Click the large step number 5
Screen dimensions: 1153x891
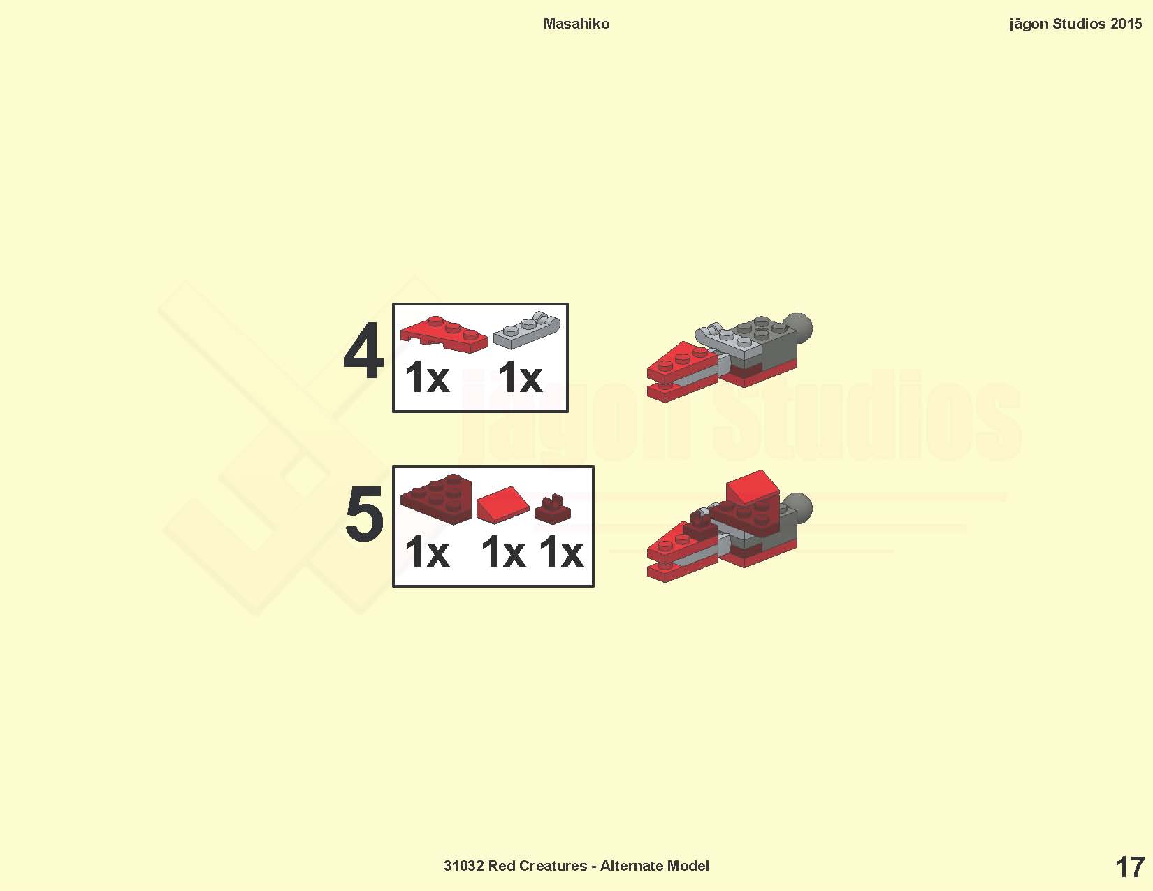point(365,514)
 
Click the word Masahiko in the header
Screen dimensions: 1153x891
point(576,24)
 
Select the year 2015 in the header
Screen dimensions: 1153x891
point(1126,24)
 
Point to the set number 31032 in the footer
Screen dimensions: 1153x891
point(464,866)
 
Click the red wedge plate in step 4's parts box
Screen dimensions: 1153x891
point(444,334)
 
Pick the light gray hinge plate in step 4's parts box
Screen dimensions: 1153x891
point(526,330)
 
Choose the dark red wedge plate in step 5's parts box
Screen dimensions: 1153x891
point(436,499)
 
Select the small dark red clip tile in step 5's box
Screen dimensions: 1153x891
point(552,509)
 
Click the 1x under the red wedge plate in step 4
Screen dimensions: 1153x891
point(427,377)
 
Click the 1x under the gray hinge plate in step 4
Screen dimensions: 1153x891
point(520,377)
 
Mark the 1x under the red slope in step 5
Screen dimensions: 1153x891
point(504,553)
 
